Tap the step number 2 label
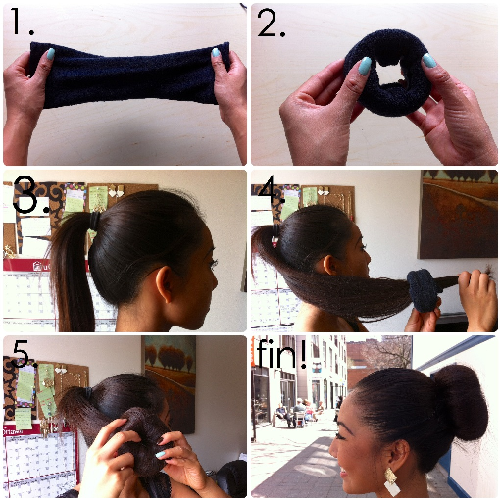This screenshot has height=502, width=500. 271,25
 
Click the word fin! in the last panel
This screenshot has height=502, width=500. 280,356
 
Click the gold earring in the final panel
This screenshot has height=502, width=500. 390,480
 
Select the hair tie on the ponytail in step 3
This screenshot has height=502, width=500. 94,224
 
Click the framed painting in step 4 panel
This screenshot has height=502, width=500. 457,215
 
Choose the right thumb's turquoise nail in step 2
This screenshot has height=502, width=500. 428,61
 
